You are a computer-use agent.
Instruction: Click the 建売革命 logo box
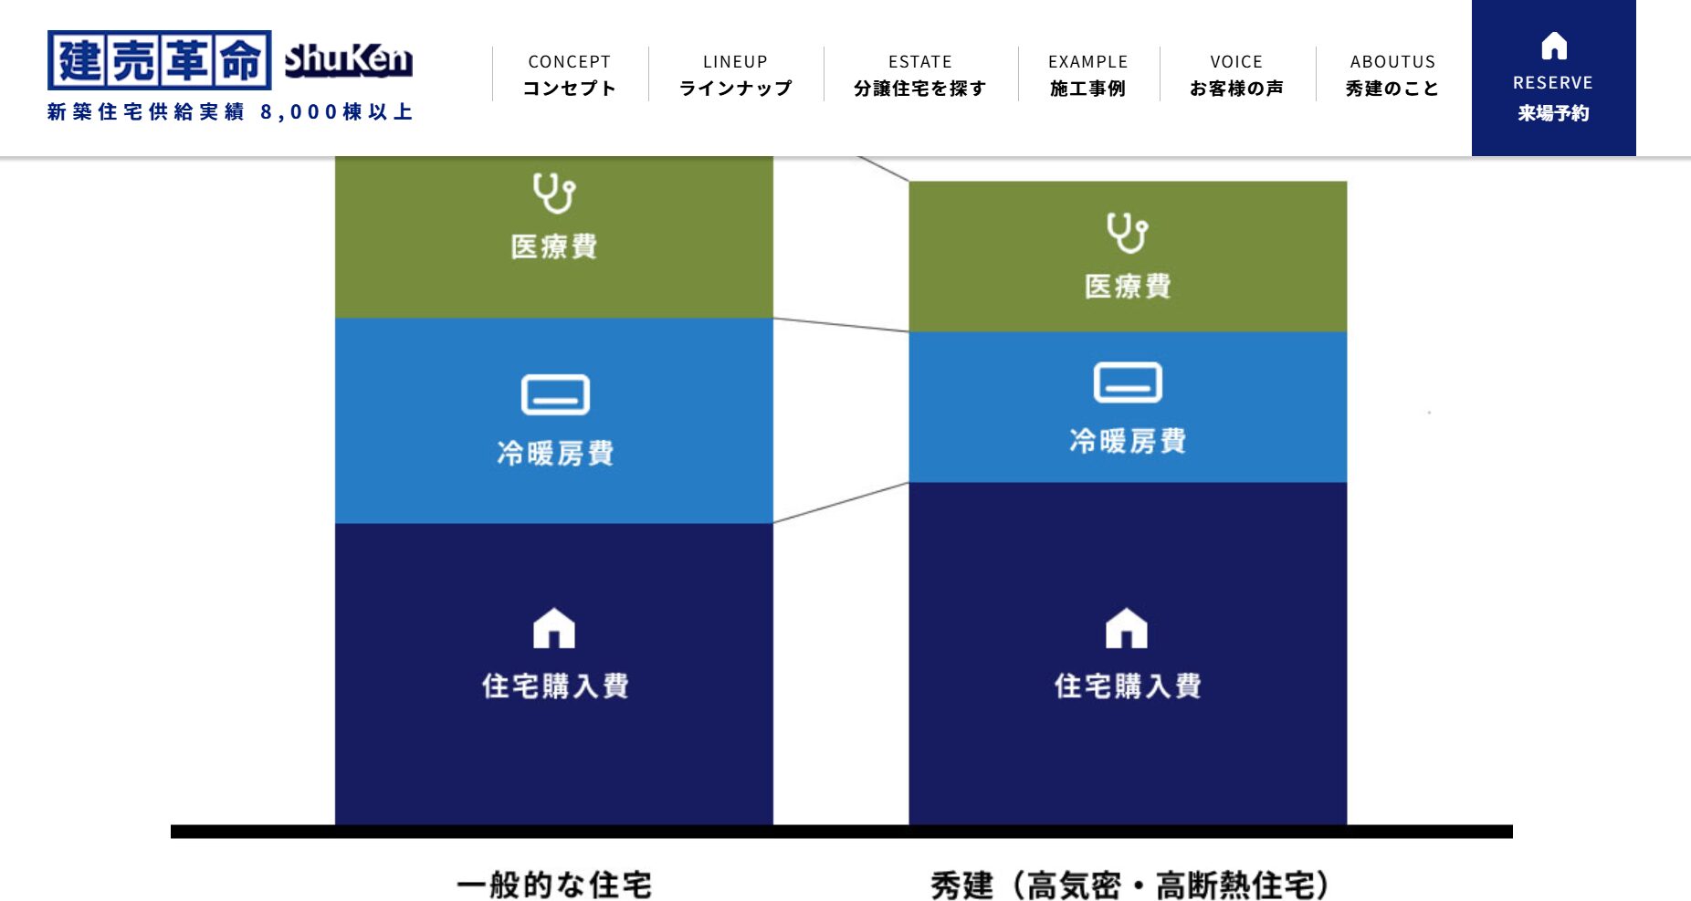(160, 60)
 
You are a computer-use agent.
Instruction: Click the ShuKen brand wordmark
(348, 60)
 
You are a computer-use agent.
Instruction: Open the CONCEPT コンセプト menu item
(570, 75)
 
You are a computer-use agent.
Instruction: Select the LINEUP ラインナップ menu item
(736, 75)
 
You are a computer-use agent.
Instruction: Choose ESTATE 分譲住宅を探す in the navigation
(920, 75)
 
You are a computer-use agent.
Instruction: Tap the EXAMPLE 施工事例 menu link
(1088, 75)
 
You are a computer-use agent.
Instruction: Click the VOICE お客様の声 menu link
(1237, 75)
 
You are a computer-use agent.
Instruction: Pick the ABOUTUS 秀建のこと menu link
(1392, 75)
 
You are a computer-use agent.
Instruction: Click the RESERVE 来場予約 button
(1553, 78)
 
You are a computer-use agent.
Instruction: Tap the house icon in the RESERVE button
(1554, 46)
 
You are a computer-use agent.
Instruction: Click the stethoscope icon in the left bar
(554, 193)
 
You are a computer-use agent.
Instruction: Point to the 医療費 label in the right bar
(1128, 287)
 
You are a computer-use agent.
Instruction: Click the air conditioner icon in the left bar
(555, 394)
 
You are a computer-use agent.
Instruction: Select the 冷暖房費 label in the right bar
(1128, 441)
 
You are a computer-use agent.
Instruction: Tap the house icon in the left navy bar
(554, 628)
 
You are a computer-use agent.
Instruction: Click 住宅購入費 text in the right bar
(1128, 686)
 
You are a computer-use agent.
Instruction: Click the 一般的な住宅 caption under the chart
(554, 885)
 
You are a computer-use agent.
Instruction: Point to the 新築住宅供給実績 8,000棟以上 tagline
(230, 111)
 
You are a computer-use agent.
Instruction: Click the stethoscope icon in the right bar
(1128, 233)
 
